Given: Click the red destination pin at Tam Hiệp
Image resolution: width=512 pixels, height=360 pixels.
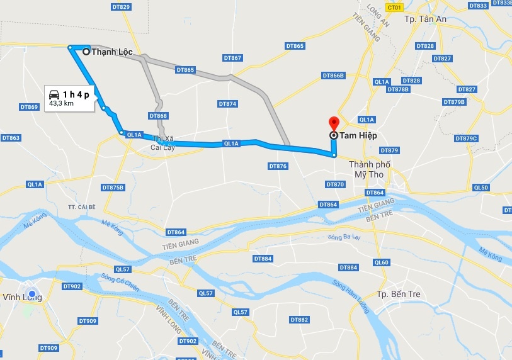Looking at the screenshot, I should [x=333, y=123].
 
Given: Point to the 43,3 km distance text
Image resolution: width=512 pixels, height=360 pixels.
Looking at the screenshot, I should [x=62, y=103].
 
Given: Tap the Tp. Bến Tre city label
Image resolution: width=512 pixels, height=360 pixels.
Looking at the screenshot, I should [x=398, y=294].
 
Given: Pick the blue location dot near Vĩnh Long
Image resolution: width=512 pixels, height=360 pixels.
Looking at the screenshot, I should [x=32, y=294].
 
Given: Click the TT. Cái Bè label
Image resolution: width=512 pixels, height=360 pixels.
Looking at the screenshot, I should [x=82, y=206].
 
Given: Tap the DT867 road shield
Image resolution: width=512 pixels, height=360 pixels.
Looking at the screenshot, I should [x=232, y=58].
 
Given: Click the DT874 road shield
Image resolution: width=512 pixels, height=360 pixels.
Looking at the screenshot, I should [x=227, y=103].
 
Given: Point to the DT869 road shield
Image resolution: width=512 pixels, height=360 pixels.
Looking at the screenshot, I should [x=29, y=107].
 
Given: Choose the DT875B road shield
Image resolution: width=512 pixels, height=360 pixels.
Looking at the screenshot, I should [x=113, y=188].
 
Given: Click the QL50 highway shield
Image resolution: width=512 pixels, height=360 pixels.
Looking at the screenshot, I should [x=481, y=188].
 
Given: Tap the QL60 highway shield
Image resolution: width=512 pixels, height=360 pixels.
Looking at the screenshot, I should [x=382, y=262].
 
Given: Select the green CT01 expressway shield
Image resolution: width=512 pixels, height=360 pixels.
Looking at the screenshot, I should [x=395, y=8].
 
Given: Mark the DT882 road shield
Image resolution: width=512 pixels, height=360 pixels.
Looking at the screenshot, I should [x=300, y=320].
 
